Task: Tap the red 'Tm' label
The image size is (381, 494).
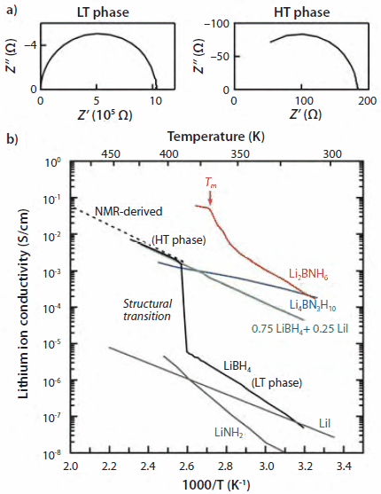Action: pos(210,182)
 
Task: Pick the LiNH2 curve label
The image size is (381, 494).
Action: pos(228,432)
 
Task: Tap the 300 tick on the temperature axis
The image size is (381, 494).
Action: pos(330,153)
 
